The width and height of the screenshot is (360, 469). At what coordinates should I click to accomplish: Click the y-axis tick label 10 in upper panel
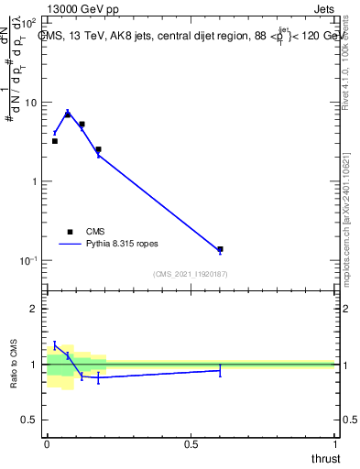(x=32, y=103)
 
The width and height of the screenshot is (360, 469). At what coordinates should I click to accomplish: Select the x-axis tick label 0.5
(x=191, y=444)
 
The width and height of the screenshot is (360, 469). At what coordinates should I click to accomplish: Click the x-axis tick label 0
(x=47, y=444)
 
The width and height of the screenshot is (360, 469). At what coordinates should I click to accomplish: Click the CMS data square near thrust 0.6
(x=220, y=249)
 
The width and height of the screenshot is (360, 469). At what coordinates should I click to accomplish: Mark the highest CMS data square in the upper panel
(x=68, y=115)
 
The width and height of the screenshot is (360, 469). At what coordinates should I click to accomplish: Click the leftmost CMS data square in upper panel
(x=54, y=141)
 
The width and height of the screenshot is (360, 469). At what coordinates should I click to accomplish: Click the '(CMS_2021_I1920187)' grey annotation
(x=191, y=274)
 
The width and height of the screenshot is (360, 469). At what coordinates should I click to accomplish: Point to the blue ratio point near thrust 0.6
(x=220, y=370)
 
